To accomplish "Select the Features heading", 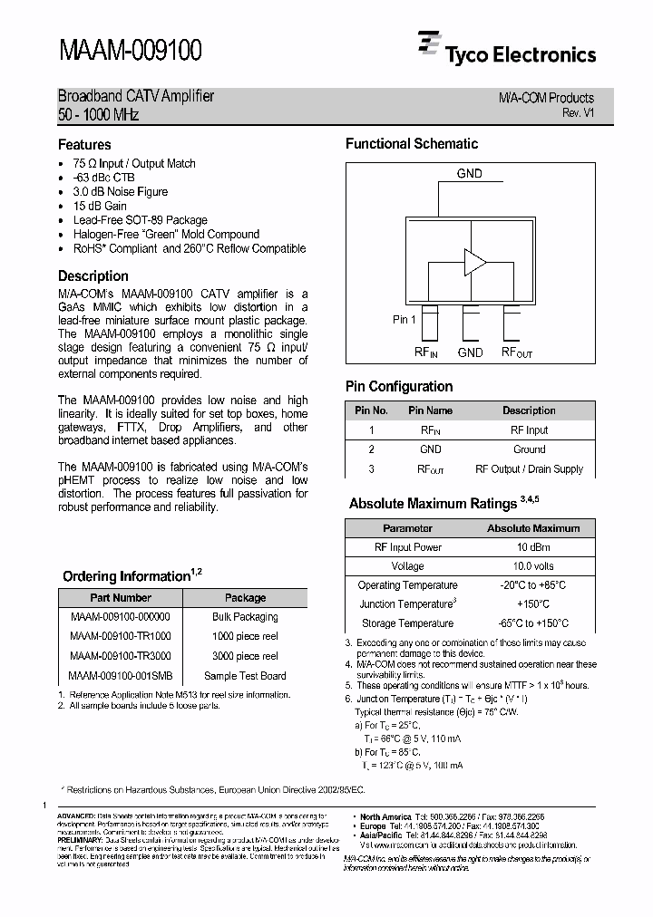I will click(x=84, y=144).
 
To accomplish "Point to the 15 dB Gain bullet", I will click(x=100, y=206).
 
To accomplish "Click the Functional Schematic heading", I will click(x=411, y=143).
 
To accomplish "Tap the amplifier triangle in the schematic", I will click(x=474, y=262).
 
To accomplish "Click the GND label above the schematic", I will click(x=469, y=173).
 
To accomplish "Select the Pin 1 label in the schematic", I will click(x=404, y=319).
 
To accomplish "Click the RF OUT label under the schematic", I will click(x=517, y=352).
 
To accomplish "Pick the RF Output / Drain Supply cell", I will click(x=529, y=469).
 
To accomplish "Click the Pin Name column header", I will click(x=430, y=410).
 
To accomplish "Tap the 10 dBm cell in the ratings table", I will click(x=533, y=547).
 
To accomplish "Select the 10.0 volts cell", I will click(x=533, y=566).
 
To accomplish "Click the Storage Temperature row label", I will click(x=407, y=623).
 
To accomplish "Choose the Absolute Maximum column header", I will click(x=533, y=527).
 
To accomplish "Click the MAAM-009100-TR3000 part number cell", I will click(x=120, y=656).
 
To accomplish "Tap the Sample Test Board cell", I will click(x=245, y=676).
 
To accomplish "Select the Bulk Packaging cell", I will click(x=245, y=617).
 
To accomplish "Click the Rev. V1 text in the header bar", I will click(x=578, y=112).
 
